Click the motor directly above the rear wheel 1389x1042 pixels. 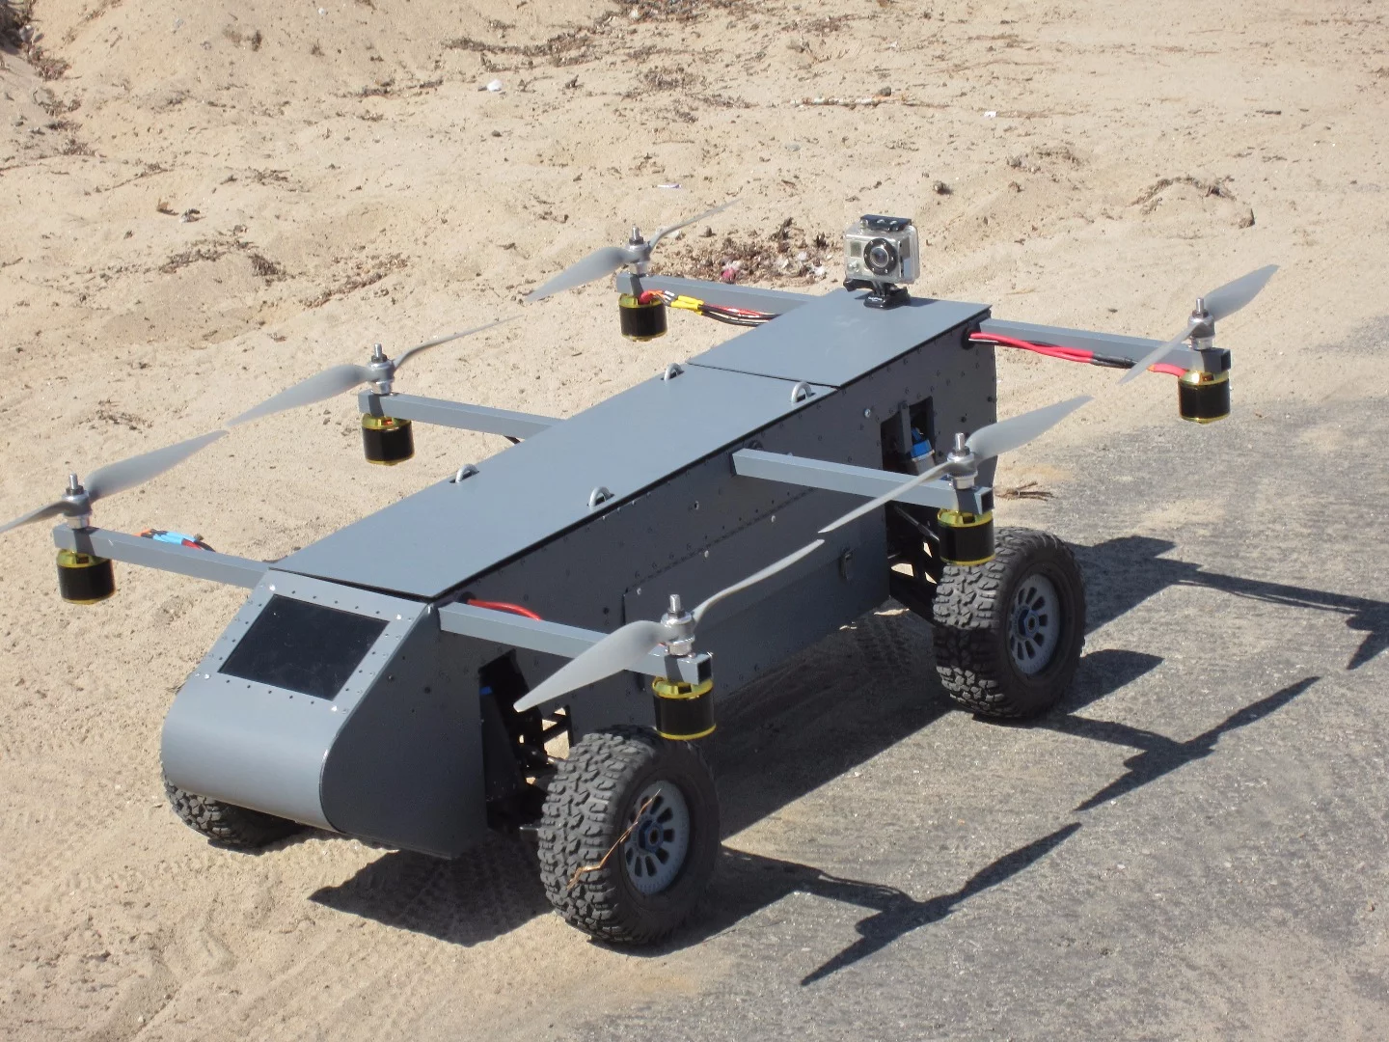click(x=966, y=536)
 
